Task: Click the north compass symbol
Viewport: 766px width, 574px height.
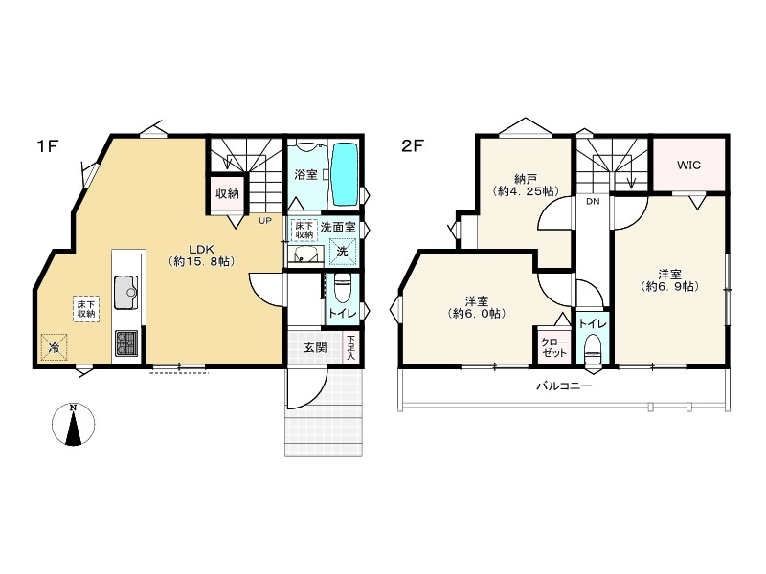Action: pos(74,425)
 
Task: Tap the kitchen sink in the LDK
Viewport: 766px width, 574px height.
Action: pos(126,293)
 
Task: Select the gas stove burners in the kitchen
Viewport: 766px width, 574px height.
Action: pos(126,343)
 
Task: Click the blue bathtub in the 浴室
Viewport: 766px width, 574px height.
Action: pos(345,175)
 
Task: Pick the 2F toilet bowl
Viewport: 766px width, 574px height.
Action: pos(593,349)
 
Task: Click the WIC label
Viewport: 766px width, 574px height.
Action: pos(688,165)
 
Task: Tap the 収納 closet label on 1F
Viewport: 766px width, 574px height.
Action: pos(227,193)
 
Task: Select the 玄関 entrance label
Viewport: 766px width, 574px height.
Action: pos(315,347)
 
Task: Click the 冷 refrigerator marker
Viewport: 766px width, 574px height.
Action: pos(54,347)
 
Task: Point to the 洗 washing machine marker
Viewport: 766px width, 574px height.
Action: pos(343,252)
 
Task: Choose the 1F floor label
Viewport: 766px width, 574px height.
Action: pos(48,146)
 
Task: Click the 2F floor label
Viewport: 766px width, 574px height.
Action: pos(412,146)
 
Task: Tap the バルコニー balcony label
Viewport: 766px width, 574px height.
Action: pos(564,386)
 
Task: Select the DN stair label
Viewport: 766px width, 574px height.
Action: pos(593,201)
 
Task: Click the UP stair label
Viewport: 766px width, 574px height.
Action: pos(265,221)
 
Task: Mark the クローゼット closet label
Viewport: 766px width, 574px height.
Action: pos(554,347)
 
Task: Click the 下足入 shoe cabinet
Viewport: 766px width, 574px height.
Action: pos(351,347)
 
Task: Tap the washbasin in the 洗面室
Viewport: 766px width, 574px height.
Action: pos(305,254)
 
